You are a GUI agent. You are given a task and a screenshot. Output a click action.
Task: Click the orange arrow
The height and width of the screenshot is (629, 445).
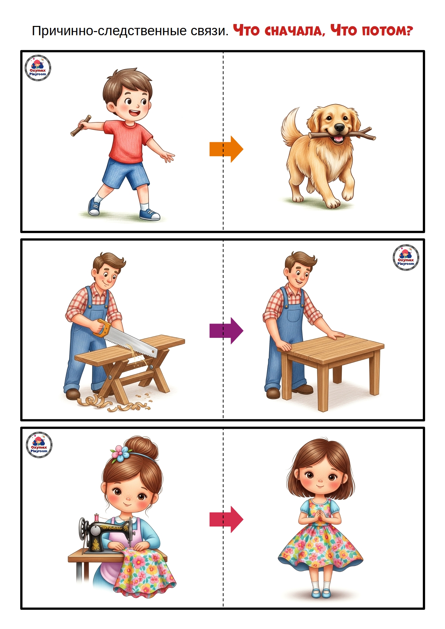click(226, 149)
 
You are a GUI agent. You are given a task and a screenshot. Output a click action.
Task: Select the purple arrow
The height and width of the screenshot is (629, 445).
click(226, 331)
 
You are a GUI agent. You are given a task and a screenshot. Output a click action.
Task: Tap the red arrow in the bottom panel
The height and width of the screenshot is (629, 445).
click(226, 519)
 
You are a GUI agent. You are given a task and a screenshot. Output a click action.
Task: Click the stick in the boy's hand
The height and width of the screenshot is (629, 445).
click(81, 126)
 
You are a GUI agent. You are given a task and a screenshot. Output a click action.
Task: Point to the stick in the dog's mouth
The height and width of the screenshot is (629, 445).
click(342, 134)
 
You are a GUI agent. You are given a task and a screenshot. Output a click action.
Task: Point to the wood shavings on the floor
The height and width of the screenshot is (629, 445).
click(115, 402)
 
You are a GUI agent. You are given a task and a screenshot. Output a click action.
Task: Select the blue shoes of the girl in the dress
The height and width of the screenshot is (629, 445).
click(321, 593)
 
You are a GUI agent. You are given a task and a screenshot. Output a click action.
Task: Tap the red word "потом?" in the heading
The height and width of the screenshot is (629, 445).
click(387, 31)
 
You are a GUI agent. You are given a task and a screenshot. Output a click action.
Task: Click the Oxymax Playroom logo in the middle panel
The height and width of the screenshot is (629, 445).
click(406, 257)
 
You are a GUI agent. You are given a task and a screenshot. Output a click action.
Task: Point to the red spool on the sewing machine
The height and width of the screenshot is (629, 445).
click(96, 517)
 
